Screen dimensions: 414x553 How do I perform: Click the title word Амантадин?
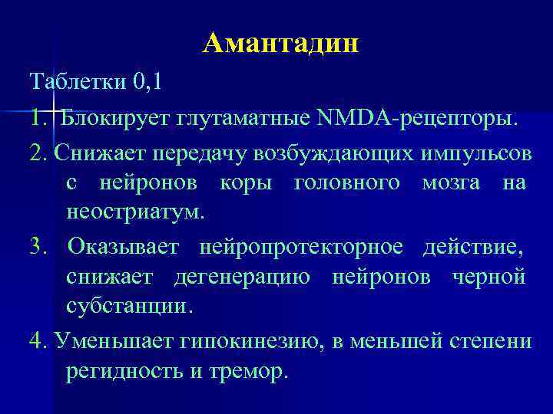click(x=281, y=44)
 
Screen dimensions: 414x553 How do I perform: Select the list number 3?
click(x=37, y=247)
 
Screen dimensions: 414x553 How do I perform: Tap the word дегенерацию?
click(x=243, y=276)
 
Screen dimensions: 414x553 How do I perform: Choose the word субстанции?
click(x=127, y=307)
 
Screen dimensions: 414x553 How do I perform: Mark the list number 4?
click(x=37, y=340)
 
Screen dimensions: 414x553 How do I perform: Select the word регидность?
click(x=124, y=372)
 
